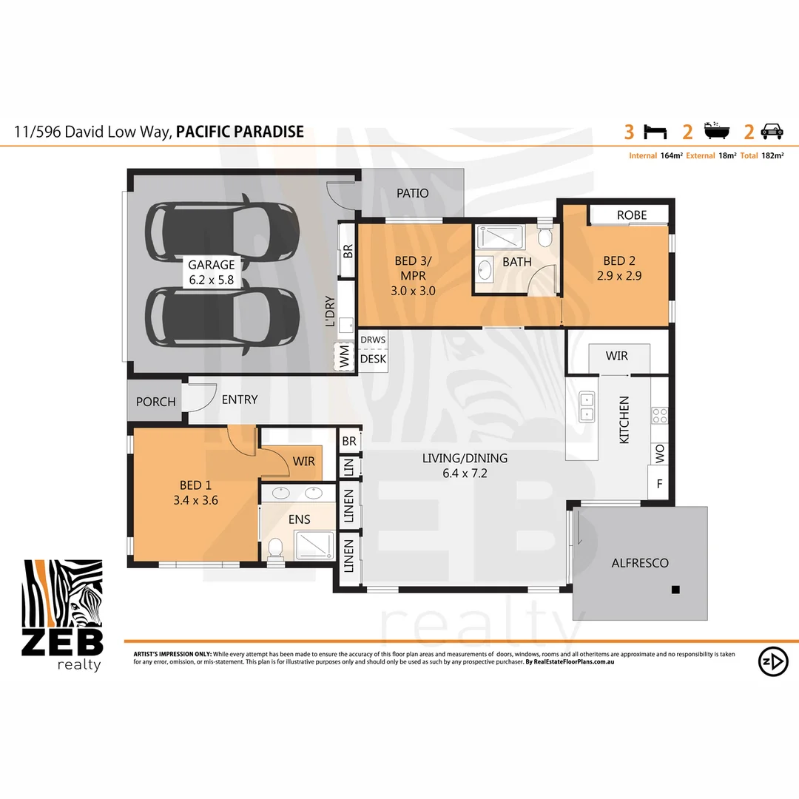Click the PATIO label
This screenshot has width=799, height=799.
[x=412, y=194]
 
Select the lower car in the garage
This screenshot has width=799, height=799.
[x=223, y=316]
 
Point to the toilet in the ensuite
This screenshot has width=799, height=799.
[x=275, y=548]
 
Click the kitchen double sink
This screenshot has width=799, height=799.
[x=587, y=406]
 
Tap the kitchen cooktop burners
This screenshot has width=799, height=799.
[x=658, y=416]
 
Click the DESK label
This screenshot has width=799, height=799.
[x=373, y=359]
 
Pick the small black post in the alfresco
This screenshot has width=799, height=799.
[x=675, y=590]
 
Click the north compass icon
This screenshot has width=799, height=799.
[x=772, y=661]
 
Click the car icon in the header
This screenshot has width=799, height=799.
[x=772, y=132]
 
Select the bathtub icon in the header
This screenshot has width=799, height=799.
[x=716, y=132]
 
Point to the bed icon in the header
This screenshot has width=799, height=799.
[x=655, y=132]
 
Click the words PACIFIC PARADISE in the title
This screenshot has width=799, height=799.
[x=240, y=132]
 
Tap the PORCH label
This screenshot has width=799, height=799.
[x=156, y=402]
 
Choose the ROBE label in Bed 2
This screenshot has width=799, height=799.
[x=631, y=215]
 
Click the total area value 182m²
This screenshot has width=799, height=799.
[x=773, y=156]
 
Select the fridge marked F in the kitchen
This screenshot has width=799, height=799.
[x=658, y=485]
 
